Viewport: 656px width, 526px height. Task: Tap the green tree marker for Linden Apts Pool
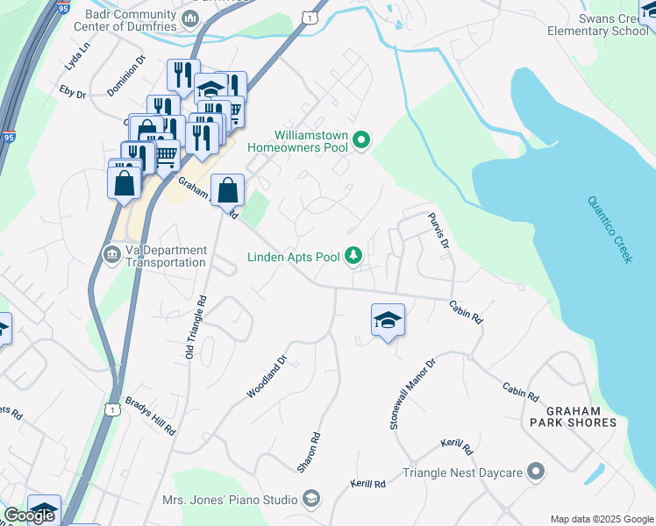click(x=353, y=256)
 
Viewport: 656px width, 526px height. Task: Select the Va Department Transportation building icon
click(x=112, y=255)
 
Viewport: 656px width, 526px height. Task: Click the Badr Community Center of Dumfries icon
click(x=193, y=18)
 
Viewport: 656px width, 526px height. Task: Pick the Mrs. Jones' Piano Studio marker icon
click(x=310, y=500)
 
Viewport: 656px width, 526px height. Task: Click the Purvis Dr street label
click(x=439, y=230)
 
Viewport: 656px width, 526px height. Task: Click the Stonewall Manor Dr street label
click(x=412, y=393)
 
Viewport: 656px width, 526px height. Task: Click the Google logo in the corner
click(x=29, y=515)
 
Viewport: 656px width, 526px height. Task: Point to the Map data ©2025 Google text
click(x=601, y=519)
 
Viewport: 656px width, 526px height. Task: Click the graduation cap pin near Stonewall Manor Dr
click(x=388, y=321)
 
